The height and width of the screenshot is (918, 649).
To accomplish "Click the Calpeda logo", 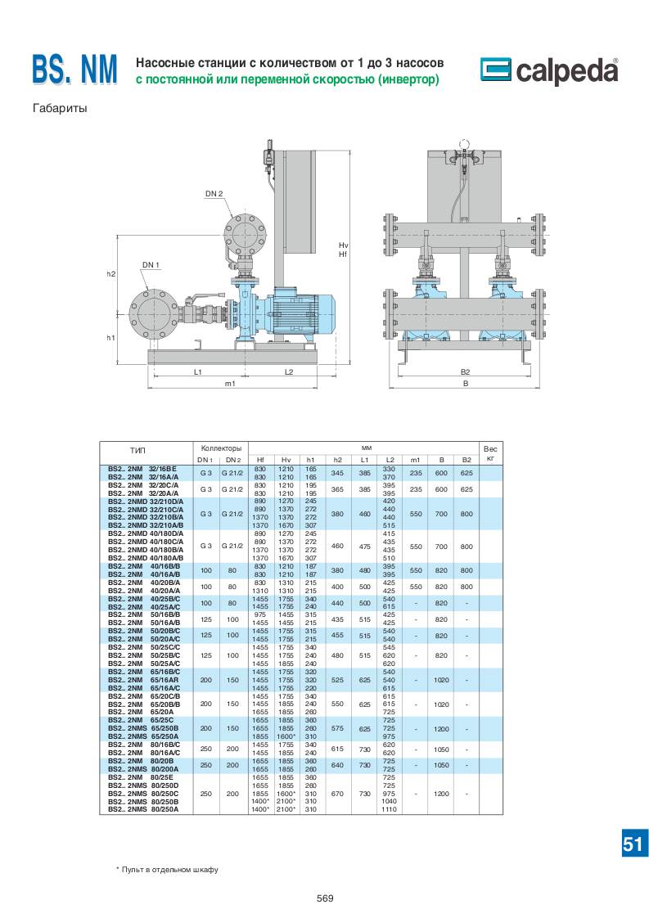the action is coord(549,71).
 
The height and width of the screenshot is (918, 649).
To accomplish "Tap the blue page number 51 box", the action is coord(632,844).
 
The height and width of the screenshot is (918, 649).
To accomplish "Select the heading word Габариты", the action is coord(59,108).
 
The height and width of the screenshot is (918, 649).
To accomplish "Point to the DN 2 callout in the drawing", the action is coord(214,194).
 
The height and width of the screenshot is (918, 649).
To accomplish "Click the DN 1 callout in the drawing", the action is coord(151,265).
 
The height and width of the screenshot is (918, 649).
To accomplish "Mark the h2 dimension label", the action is coord(110,274).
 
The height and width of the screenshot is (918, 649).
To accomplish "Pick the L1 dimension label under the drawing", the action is coord(198,371).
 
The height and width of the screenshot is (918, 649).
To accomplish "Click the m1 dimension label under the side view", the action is coord(230,384).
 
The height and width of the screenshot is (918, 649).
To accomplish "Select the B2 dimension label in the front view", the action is coord(465,371).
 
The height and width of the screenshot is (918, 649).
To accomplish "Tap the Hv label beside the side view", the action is coord(343,245).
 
